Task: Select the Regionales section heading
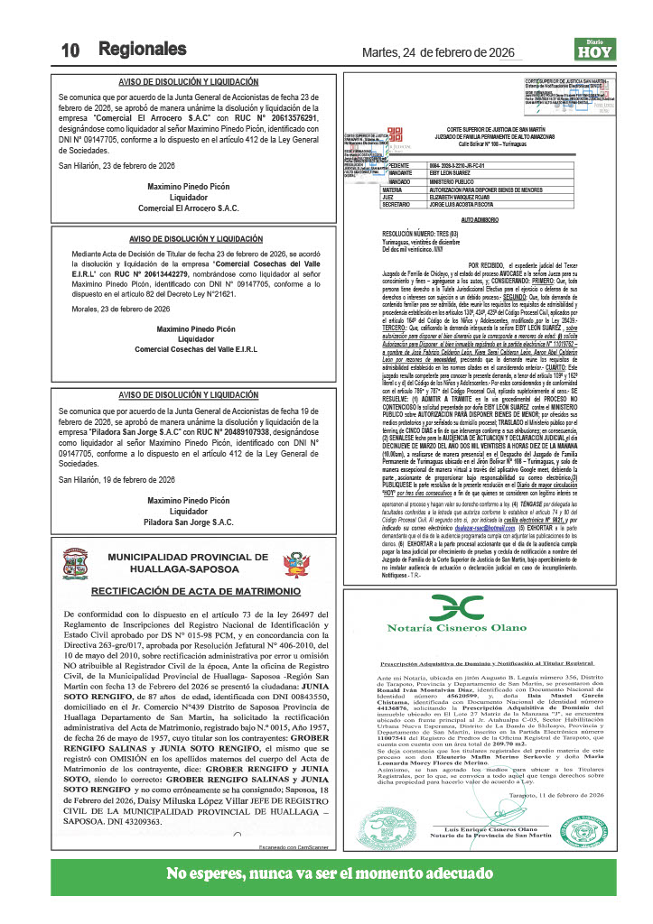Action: (143, 49)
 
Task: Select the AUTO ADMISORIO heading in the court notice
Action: (480, 219)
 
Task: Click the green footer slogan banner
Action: (326, 874)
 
